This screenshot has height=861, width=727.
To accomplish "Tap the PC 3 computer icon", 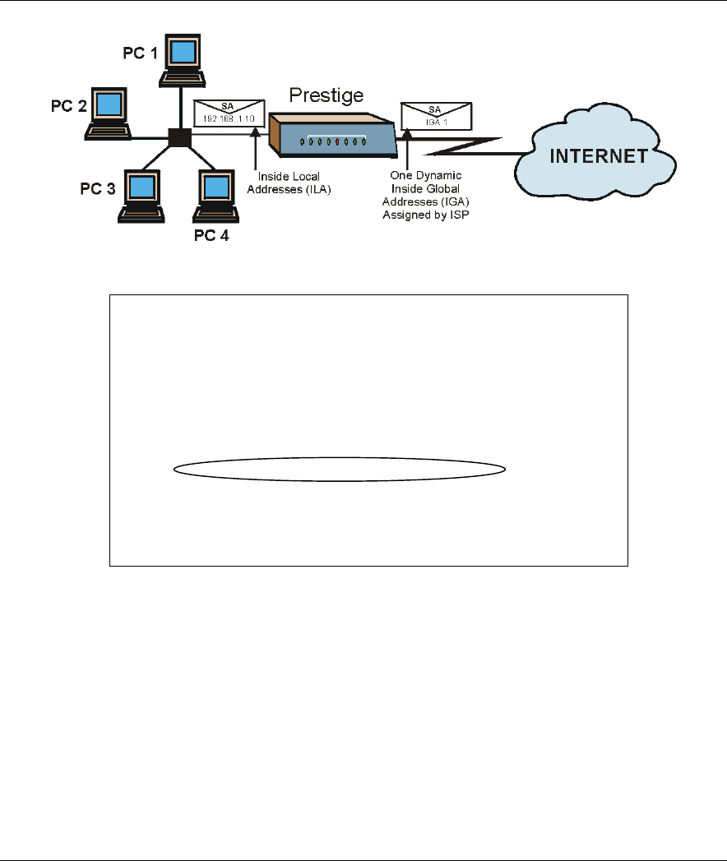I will [x=142, y=197].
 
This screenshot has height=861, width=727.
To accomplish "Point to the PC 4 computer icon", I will [x=215, y=197].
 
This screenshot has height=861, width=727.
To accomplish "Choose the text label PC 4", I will [x=211, y=238].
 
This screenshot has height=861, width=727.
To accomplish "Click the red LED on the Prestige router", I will [x=337, y=141].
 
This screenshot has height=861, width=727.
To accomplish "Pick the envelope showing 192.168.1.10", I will [x=225, y=113].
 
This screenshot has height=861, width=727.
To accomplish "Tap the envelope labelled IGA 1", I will [x=435, y=115].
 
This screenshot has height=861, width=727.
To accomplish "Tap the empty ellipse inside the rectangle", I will [x=340, y=470].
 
